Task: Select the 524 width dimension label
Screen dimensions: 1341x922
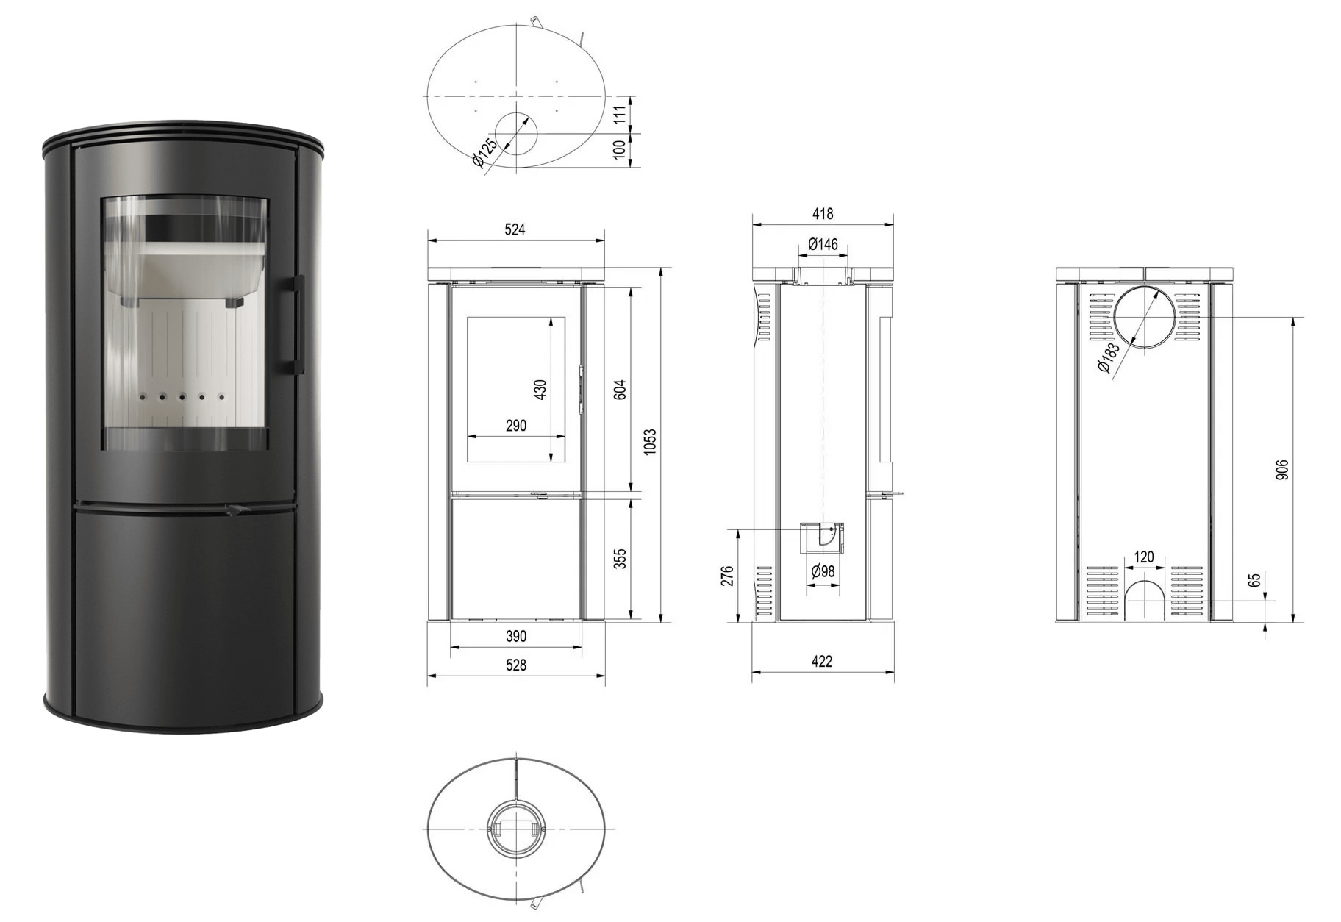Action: pos(515,229)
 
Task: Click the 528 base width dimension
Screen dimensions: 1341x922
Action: pos(516,665)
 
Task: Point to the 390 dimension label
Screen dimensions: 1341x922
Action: pos(516,637)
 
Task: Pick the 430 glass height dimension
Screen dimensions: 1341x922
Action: pos(541,390)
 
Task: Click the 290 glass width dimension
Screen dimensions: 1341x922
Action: pos(516,426)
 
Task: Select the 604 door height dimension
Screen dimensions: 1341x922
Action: pos(620,389)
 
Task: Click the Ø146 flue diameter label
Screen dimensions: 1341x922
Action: pos(823,244)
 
